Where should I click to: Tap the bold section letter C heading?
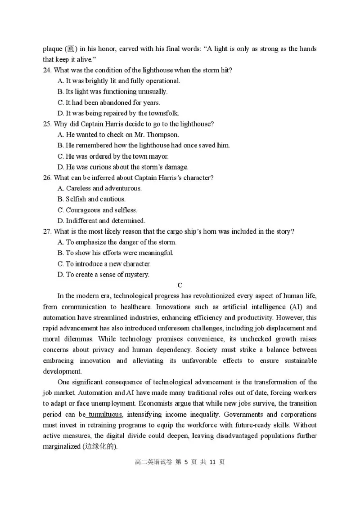[180, 285]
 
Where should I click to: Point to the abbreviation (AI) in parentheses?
[294, 307]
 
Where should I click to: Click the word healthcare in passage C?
[153, 307]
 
